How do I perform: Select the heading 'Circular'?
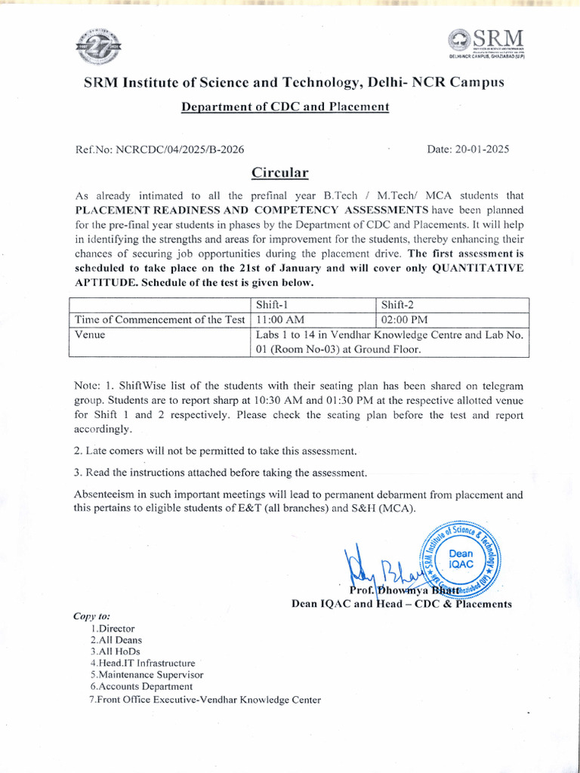(x=280, y=173)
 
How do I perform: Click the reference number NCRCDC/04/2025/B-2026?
(x=180, y=149)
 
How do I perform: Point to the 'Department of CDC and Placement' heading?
(x=285, y=106)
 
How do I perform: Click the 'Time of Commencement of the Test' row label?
(x=159, y=320)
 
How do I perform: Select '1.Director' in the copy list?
(x=112, y=628)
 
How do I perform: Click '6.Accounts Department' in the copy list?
(x=141, y=687)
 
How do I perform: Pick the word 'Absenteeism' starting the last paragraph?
(x=104, y=495)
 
